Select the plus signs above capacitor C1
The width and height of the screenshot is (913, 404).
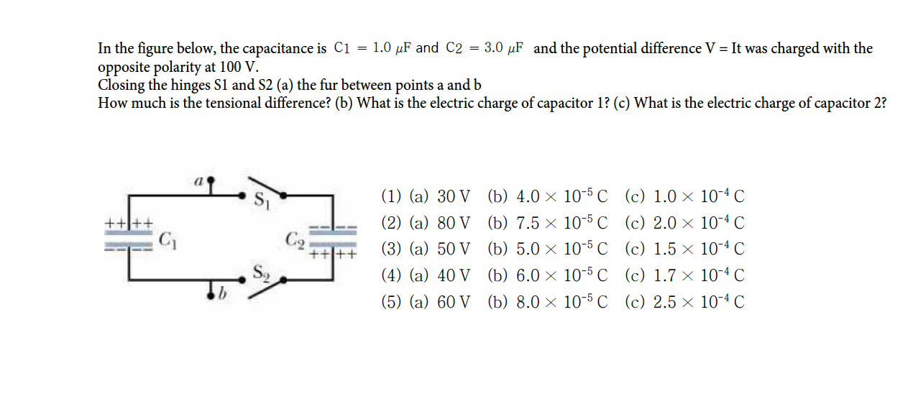[x=128, y=223]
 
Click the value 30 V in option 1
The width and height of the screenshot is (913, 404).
[x=454, y=196]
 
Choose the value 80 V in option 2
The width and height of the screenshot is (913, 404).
[x=454, y=222]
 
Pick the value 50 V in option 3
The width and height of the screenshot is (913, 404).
[x=454, y=249]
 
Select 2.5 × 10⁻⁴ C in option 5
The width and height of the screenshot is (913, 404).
[x=699, y=301]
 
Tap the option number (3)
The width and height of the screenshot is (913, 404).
[x=392, y=249]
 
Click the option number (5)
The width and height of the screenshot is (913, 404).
[x=392, y=301]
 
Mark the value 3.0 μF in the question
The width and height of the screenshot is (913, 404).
[x=503, y=48]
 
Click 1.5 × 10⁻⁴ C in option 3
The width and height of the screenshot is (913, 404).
[x=699, y=249]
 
